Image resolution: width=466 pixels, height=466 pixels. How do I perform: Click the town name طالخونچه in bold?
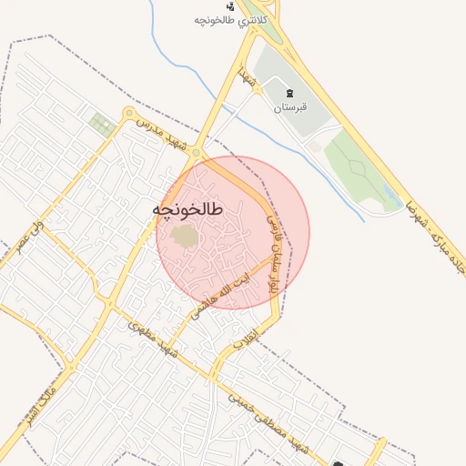pos(187,210)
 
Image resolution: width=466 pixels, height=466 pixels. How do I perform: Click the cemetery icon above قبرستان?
pos(290,94)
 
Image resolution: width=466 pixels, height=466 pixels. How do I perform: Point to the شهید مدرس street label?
pos(167,135)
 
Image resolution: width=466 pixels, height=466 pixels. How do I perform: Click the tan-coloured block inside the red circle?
pos(185,237)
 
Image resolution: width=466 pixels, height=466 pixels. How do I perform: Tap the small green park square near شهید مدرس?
pos(102,125)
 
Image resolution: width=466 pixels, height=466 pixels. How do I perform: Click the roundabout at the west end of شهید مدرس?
pos(127,115)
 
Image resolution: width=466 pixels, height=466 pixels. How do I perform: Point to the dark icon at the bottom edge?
pos(339,463)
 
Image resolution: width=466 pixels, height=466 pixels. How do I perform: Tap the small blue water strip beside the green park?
pos(391,194)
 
